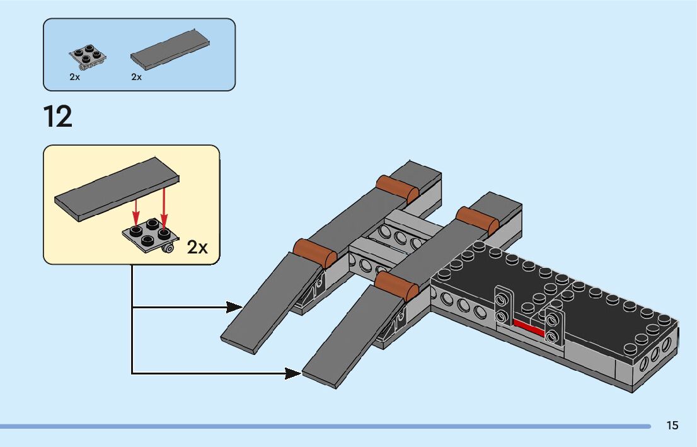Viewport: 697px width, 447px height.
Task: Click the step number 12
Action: pyautogui.click(x=58, y=117)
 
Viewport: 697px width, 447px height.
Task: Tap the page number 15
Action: pyautogui.click(x=672, y=426)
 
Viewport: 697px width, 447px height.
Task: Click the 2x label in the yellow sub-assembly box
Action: pyautogui.click(x=197, y=247)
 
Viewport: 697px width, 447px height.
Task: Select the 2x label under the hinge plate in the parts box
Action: pyautogui.click(x=74, y=77)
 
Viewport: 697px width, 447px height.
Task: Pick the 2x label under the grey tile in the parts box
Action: pyautogui.click(x=137, y=77)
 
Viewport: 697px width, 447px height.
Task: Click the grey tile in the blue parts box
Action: pyautogui.click(x=170, y=49)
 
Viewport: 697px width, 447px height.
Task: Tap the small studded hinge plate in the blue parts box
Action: pyautogui.click(x=88, y=57)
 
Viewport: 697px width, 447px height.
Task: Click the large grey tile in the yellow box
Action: pyautogui.click(x=117, y=189)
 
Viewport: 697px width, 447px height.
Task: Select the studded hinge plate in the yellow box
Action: pyautogui.click(x=151, y=236)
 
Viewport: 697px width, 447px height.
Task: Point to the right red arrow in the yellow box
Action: pyautogui.click(x=164, y=209)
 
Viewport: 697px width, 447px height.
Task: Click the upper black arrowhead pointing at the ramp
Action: pyautogui.click(x=234, y=307)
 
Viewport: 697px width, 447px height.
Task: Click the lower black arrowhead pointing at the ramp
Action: pyautogui.click(x=293, y=374)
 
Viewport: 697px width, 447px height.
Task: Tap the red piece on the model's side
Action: pyautogui.click(x=529, y=327)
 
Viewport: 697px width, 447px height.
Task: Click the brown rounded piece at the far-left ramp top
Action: pyautogui.click(x=314, y=252)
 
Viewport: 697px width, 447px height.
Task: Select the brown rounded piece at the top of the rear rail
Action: pyautogui.click(x=398, y=189)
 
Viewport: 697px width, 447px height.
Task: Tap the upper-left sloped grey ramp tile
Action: pyautogui.click(x=271, y=303)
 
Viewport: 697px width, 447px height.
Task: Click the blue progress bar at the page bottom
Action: pyautogui.click(x=325, y=427)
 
